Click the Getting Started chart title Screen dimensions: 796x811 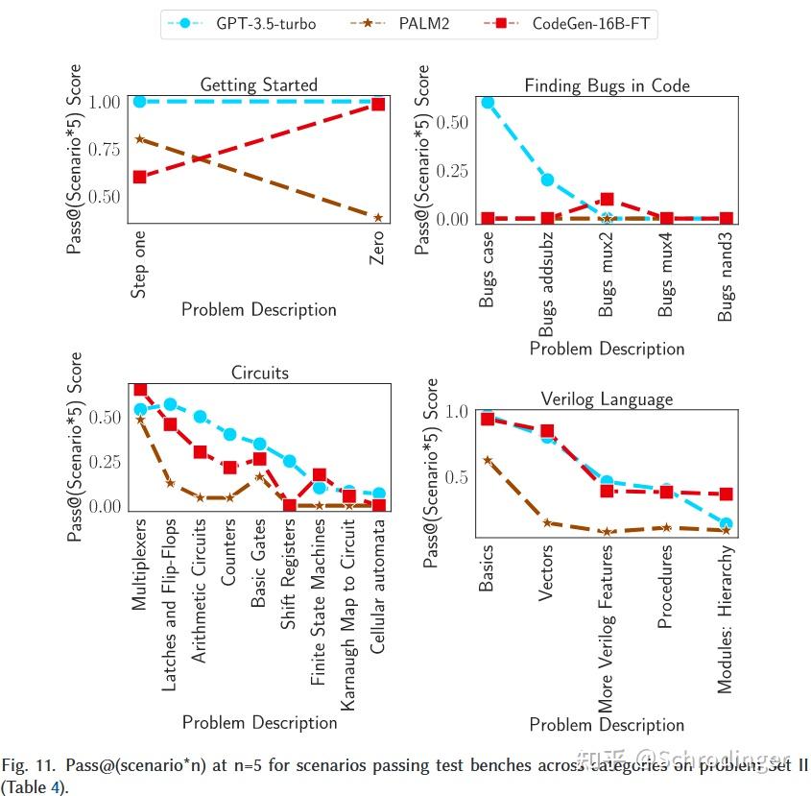(258, 85)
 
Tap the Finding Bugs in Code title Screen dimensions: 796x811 (607, 85)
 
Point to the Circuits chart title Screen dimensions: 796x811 (259, 373)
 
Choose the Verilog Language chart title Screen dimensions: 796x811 (607, 398)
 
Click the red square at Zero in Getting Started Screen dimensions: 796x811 (377, 104)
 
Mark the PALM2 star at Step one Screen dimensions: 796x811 (140, 139)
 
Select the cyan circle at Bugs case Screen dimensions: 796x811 (488, 102)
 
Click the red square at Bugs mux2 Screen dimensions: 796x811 (607, 201)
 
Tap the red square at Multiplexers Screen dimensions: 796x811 (140, 390)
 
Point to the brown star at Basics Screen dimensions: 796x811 (488, 461)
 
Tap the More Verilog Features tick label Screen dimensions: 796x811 (607, 630)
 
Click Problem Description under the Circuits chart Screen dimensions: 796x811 (259, 722)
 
